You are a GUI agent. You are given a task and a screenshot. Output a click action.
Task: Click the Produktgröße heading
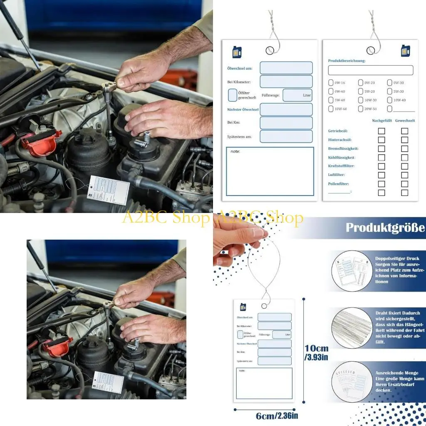(x=385, y=228)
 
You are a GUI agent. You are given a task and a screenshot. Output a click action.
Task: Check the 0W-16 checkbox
(x=331, y=82)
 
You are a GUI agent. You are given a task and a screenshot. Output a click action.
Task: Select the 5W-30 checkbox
(x=389, y=91)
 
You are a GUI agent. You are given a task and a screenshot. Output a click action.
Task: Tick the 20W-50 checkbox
(x=360, y=109)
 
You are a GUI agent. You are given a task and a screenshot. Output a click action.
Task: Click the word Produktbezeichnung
(x=347, y=61)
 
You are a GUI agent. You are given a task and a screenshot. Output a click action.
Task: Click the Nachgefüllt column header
(x=381, y=121)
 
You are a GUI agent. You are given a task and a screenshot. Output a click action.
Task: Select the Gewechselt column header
(x=405, y=121)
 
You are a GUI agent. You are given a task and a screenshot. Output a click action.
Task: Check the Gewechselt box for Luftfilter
(x=404, y=175)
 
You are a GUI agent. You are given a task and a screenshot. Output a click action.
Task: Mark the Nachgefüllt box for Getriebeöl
(x=381, y=131)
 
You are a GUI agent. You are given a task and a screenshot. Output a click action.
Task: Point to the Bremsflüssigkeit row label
(x=343, y=149)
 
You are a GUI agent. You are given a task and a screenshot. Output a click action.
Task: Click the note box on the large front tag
(x=270, y=171)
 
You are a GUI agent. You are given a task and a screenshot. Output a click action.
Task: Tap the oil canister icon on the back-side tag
(x=405, y=51)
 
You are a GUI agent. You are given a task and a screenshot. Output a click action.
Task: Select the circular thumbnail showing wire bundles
(x=352, y=325)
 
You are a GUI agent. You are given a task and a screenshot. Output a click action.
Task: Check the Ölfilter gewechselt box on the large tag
(x=233, y=95)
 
